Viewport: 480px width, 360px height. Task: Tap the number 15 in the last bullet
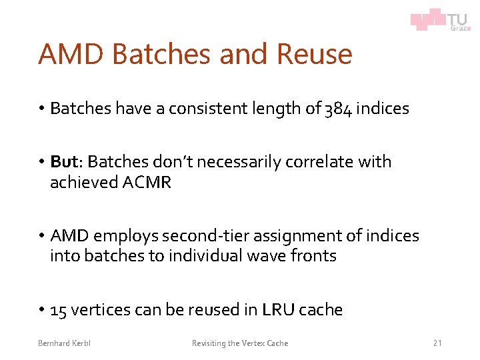(x=58, y=310)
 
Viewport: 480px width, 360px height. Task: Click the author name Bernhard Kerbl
(x=64, y=343)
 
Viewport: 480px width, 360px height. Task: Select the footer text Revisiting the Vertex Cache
(x=240, y=343)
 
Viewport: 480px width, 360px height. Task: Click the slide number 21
(x=437, y=343)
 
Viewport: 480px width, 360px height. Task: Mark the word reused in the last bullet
(x=215, y=310)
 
